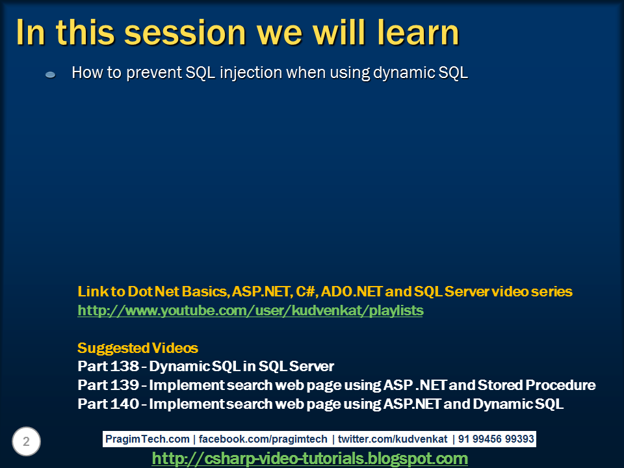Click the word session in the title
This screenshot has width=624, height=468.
[185, 32]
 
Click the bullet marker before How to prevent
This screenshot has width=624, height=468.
[50, 74]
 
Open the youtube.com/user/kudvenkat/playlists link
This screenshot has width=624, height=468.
[250, 311]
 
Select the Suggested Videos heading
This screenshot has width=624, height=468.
[138, 348]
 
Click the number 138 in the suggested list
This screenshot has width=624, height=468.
[125, 366]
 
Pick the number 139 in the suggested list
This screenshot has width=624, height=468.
[125, 385]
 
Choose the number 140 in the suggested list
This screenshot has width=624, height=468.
[125, 404]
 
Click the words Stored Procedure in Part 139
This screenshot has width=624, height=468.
[536, 385]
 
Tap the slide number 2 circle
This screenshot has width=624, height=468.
[26, 441]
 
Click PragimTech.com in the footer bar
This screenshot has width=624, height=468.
[148, 439]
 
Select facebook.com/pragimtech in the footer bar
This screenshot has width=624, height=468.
[263, 439]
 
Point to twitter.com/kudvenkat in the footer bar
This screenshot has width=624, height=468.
[393, 439]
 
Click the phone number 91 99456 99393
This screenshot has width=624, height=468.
[496, 439]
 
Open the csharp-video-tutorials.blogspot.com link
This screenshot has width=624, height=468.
[310, 458]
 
